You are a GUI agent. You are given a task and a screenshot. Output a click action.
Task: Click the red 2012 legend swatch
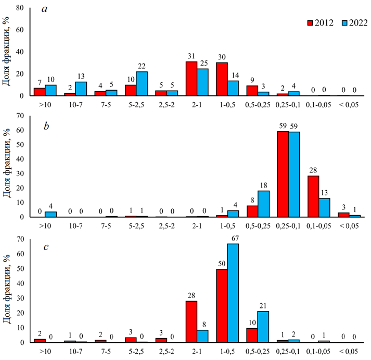[311, 23]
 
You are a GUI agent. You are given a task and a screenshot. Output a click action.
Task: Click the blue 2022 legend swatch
[343, 23]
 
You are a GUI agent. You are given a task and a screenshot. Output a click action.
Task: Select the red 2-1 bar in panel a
[191, 79]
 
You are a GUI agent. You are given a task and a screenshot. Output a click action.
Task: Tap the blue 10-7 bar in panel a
[81, 89]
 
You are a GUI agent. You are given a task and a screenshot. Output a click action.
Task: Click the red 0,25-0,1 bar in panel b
[284, 174]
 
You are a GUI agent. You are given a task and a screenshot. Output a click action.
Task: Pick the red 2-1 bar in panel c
[191, 321]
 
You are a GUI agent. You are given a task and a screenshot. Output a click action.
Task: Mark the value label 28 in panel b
[314, 170]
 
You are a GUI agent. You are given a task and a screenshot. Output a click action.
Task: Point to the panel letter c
[46, 247]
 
